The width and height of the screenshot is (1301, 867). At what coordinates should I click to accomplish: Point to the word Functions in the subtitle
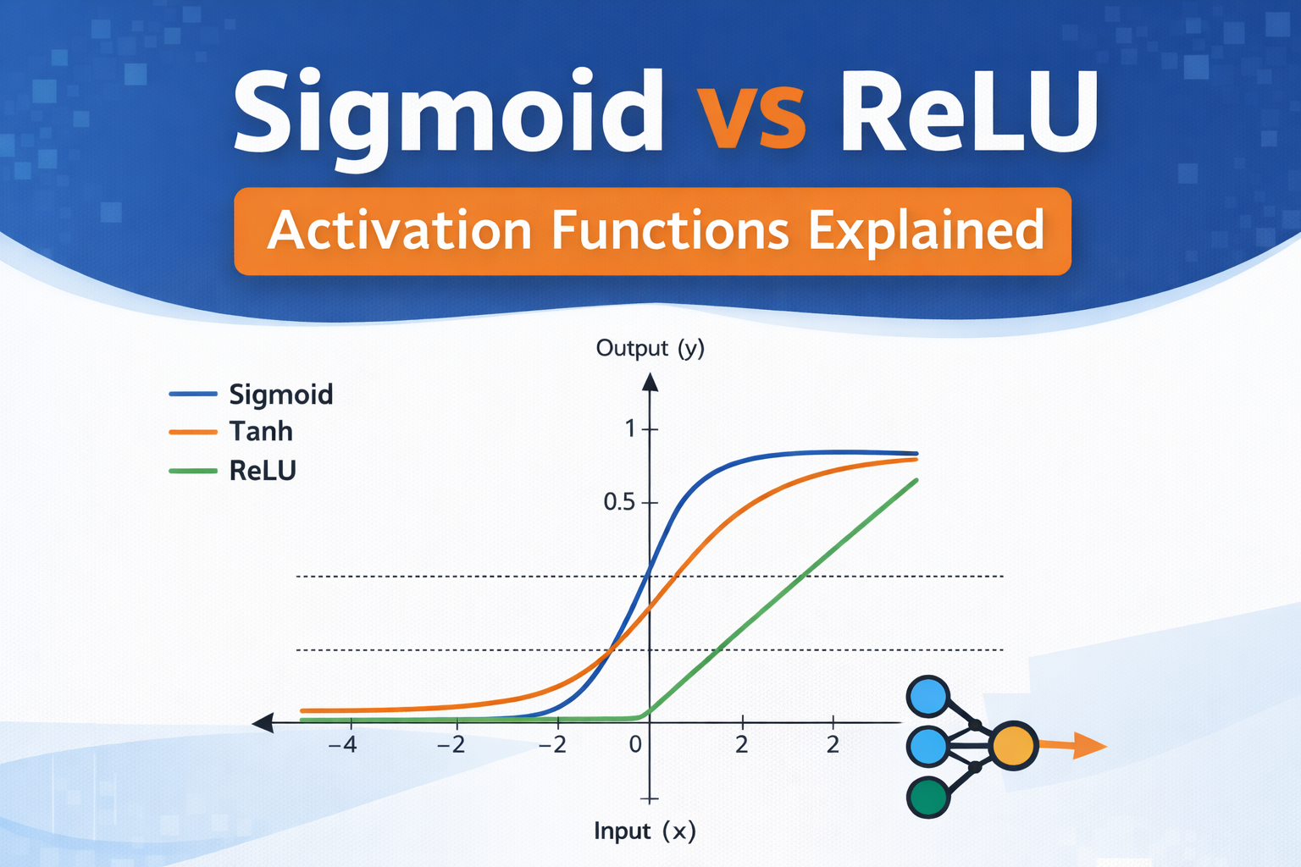pyautogui.click(x=670, y=230)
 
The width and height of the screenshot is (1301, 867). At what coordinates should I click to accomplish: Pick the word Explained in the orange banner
pyautogui.click(x=926, y=231)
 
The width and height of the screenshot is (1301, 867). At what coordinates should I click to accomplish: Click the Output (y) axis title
pyautogui.click(x=650, y=348)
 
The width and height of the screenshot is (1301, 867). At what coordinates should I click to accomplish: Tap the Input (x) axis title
pyautogui.click(x=645, y=831)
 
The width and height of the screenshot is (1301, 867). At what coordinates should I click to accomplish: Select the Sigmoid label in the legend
pyautogui.click(x=281, y=395)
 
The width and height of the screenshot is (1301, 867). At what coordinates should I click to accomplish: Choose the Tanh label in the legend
pyautogui.click(x=261, y=432)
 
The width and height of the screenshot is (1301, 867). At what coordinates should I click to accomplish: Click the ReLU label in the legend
pyautogui.click(x=263, y=471)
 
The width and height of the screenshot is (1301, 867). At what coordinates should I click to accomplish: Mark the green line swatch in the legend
pyautogui.click(x=193, y=470)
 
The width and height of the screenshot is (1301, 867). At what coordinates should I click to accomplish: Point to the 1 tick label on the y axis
pyautogui.click(x=630, y=429)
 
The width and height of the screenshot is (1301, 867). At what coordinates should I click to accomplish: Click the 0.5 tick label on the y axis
pyautogui.click(x=618, y=502)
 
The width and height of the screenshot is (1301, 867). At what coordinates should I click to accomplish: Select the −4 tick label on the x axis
pyautogui.click(x=342, y=745)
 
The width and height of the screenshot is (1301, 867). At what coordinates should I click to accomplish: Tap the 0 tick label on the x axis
pyautogui.click(x=635, y=745)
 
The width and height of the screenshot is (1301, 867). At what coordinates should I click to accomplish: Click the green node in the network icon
pyautogui.click(x=928, y=797)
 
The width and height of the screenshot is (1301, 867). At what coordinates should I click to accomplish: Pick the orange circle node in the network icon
pyautogui.click(x=1013, y=746)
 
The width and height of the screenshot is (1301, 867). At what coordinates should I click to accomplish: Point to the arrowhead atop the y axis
pyautogui.click(x=650, y=383)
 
